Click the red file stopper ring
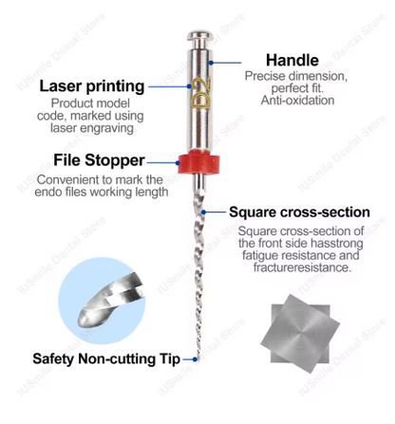(x=198, y=162)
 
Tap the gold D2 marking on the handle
(x=201, y=93)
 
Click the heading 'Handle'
(x=292, y=61)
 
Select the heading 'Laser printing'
(x=92, y=86)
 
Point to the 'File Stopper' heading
(x=99, y=160)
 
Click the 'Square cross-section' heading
(x=299, y=212)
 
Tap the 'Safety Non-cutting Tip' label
(x=106, y=359)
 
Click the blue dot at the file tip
(x=195, y=359)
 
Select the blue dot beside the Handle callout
(x=211, y=63)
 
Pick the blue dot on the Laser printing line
(x=189, y=86)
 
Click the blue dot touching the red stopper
(x=179, y=163)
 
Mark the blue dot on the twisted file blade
(x=204, y=212)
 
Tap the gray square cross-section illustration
(x=300, y=334)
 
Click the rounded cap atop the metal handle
(x=199, y=36)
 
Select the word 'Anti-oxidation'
(x=297, y=101)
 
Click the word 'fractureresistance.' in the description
(x=302, y=267)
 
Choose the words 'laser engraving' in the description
(x=92, y=128)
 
